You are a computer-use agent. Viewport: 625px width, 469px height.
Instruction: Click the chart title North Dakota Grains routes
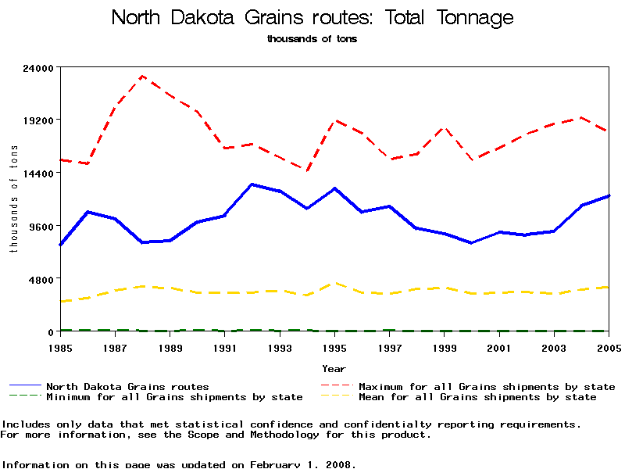click(312, 17)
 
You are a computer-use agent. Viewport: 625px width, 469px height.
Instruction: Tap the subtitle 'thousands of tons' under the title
click(312, 38)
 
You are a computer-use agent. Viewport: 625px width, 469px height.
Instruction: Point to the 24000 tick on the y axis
click(37, 67)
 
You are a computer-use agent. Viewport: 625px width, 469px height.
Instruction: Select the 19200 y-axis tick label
click(37, 120)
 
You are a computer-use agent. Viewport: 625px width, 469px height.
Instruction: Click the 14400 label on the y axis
click(37, 173)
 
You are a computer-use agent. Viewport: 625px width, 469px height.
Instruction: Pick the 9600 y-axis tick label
click(41, 226)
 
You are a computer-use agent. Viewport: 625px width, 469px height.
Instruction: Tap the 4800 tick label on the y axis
click(41, 279)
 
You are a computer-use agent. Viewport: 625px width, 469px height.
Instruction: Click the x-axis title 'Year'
click(334, 368)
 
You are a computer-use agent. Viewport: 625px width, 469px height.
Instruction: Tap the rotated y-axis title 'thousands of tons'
click(13, 199)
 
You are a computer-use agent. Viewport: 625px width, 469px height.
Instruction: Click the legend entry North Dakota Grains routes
click(127, 386)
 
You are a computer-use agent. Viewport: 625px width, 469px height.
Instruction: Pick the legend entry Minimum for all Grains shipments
click(174, 397)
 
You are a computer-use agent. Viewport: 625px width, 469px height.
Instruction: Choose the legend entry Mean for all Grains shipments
click(477, 397)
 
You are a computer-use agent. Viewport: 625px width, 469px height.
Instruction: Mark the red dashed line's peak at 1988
click(142, 76)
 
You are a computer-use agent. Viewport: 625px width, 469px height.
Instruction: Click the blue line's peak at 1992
click(252, 184)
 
